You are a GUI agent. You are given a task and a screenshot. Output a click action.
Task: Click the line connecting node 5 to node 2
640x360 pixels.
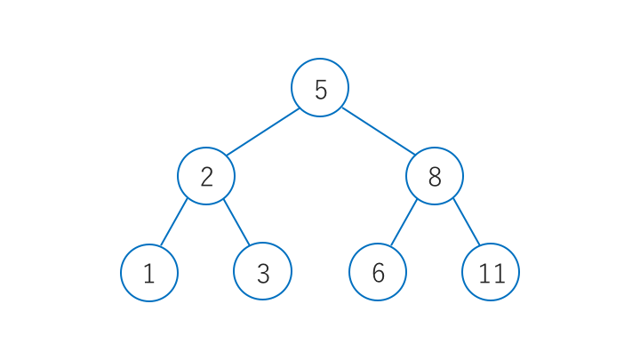pos(263,132)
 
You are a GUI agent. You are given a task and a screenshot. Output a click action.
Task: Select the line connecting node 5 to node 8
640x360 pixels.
pos(379,132)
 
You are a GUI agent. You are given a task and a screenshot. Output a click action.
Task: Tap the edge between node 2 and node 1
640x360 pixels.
pos(174,222)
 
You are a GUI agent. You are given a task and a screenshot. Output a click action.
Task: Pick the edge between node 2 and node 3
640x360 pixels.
pos(236,222)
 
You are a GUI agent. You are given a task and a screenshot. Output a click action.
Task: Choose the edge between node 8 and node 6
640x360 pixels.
pos(404,222)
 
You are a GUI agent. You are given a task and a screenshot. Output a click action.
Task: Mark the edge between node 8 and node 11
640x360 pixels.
pos(467,221)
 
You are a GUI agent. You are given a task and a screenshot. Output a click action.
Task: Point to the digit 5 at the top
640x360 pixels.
pos(321,90)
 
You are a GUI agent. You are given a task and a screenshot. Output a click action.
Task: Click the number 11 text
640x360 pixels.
pos(492,274)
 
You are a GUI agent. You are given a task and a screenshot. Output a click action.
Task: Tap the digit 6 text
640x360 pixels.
pos(379,273)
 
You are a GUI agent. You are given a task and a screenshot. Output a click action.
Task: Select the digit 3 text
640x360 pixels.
pos(263,274)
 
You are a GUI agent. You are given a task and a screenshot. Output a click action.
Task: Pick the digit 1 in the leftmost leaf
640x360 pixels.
pos(149,274)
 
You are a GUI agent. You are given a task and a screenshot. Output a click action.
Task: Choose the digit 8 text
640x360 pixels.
pos(435,177)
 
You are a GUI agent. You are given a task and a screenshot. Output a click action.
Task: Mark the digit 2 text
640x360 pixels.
pos(206,177)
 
